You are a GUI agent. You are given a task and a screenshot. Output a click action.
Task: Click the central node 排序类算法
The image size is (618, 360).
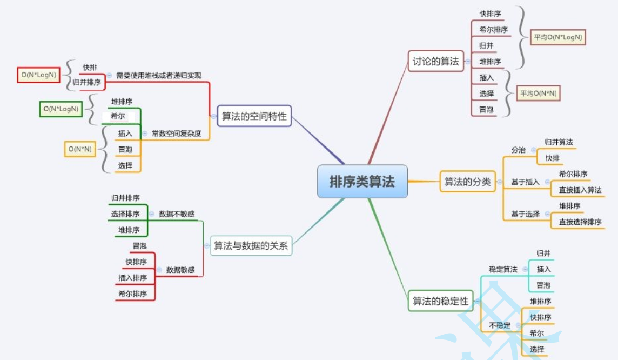[362, 182]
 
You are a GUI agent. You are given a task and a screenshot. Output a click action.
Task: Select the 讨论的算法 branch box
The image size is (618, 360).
[435, 62]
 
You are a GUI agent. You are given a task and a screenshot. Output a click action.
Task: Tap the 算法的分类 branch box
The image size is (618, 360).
[467, 182]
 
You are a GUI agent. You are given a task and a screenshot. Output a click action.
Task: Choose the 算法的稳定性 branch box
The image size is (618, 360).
[440, 301]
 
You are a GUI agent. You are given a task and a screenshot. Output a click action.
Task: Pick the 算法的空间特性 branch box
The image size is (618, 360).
[254, 116]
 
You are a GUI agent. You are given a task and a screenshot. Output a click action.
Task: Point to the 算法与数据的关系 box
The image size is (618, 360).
[251, 246]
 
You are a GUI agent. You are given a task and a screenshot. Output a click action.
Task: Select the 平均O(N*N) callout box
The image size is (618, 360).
[538, 94]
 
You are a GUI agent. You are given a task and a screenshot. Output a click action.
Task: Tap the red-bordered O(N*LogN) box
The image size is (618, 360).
[38, 75]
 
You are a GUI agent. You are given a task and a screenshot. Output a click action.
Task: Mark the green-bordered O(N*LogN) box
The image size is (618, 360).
[61, 109]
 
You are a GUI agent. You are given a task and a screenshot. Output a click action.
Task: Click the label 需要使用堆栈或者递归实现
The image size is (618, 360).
[158, 76]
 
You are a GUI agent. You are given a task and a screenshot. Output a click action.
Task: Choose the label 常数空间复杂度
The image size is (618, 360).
[176, 134]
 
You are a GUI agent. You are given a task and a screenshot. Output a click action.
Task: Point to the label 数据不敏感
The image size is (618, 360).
[177, 214]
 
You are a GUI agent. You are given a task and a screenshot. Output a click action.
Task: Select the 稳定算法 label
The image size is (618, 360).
[503, 269]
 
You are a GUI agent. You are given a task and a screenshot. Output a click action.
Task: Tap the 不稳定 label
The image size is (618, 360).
[500, 325]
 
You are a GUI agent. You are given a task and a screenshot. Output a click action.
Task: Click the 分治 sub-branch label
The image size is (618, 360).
[518, 150]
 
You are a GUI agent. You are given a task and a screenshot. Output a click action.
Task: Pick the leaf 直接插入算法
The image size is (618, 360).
[580, 190]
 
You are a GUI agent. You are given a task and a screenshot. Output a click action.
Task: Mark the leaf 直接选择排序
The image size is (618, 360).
[580, 222]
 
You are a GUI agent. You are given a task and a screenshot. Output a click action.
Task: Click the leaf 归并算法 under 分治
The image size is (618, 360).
[559, 142]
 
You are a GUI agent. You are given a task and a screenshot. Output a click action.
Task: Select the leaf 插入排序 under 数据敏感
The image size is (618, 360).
[133, 278]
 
